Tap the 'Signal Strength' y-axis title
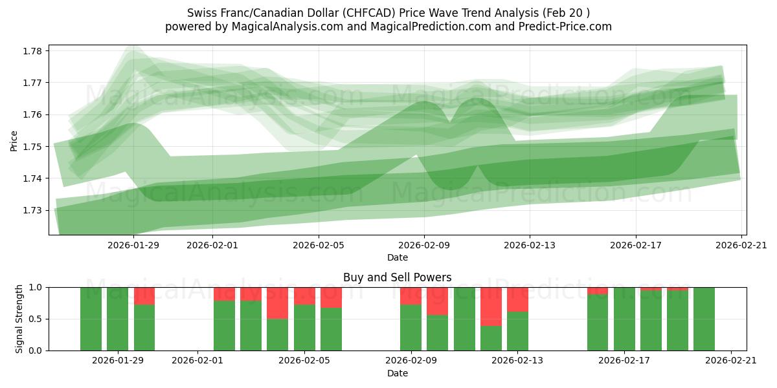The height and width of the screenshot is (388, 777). click(x=19, y=319)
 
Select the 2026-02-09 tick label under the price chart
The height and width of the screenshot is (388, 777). click(x=424, y=245)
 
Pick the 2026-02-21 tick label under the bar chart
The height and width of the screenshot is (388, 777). click(x=731, y=361)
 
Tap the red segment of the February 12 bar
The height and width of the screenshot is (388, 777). click(x=491, y=307)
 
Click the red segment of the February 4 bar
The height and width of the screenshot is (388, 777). click(x=278, y=303)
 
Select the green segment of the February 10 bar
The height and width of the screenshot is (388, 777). click(x=437, y=333)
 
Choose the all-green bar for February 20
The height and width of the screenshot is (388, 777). click(x=704, y=319)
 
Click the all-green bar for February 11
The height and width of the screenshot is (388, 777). click(x=464, y=319)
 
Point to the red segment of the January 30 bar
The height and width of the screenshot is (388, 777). click(x=144, y=296)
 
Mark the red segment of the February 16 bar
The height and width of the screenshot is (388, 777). click(x=598, y=290)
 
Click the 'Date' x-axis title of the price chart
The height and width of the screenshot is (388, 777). click(x=397, y=257)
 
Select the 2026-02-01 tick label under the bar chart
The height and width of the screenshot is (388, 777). click(x=198, y=361)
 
